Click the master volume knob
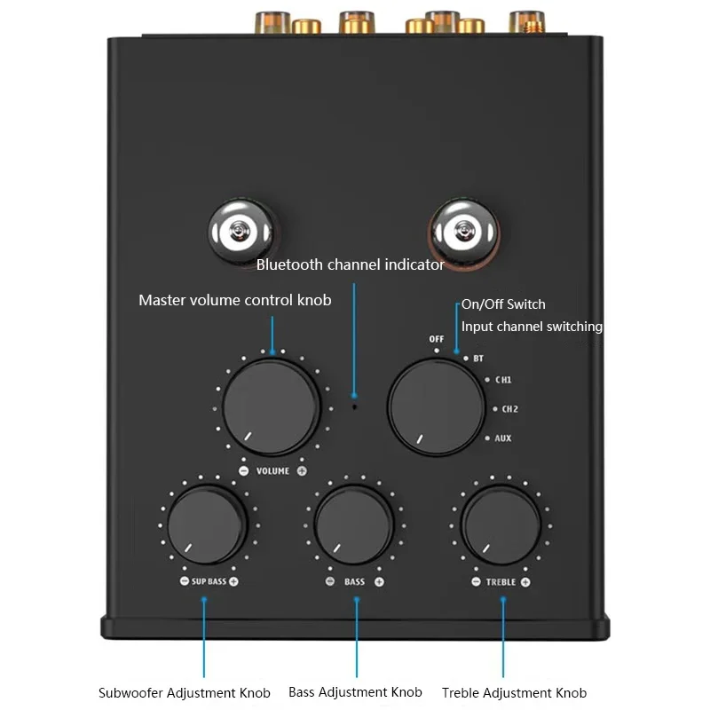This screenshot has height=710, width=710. coord(271,409)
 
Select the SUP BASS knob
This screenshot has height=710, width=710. coord(207,524)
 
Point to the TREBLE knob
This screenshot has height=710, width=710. coord(501,524)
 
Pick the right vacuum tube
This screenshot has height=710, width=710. coord(461,231)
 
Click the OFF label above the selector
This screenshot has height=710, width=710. coord(437,339)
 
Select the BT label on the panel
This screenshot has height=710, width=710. coord(478,358)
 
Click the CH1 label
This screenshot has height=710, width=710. coord(503,380)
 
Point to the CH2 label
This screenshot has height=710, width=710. coord(510,409)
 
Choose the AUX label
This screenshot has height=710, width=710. coord(502,438)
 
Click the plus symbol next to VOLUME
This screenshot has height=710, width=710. coord(302,470)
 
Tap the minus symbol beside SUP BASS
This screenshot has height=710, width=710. coord(184,582)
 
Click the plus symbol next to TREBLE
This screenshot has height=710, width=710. coord(525,582)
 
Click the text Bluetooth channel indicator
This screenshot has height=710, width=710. coord(350,264)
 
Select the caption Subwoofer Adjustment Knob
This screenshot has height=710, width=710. coord(184,692)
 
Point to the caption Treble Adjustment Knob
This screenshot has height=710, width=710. coord(514,692)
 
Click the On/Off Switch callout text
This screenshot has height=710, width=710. coord(503,304)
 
